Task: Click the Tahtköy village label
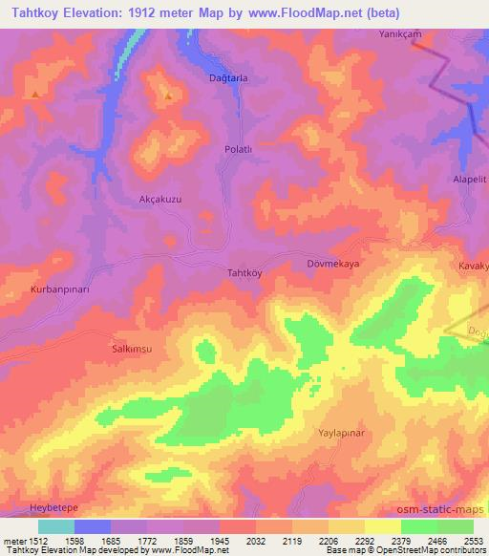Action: pos(244,271)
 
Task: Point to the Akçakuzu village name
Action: pos(159,199)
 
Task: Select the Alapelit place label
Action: pos(469,179)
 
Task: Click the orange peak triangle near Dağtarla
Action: pos(168,95)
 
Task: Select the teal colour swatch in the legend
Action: pos(55,526)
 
